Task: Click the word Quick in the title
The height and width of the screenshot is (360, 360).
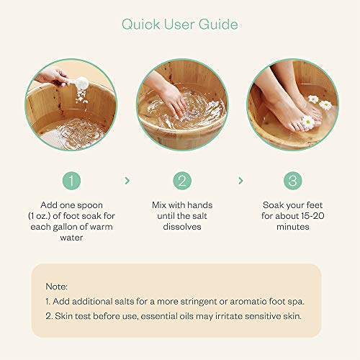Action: [141, 24]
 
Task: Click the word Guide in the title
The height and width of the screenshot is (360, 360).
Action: [218, 24]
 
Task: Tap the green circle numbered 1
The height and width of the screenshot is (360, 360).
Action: [71, 181]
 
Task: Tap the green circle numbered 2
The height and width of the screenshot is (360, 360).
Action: [182, 181]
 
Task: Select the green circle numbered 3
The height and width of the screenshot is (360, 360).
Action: [293, 181]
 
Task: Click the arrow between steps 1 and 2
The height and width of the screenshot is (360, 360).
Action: [127, 181]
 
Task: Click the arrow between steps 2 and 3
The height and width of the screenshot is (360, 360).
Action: [240, 181]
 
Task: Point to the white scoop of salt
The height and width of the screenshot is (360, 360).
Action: [81, 83]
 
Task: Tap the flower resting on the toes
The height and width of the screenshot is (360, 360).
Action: [307, 122]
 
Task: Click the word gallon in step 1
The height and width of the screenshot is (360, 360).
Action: [66, 228]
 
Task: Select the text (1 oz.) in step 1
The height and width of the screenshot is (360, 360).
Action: [40, 216]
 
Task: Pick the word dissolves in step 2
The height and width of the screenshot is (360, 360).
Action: [182, 227]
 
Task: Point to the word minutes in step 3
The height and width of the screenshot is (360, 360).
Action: [293, 227]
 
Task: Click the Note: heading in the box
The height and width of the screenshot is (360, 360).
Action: [57, 287]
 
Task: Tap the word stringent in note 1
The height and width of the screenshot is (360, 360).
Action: [199, 302]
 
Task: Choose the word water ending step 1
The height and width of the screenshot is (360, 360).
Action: [71, 238]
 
